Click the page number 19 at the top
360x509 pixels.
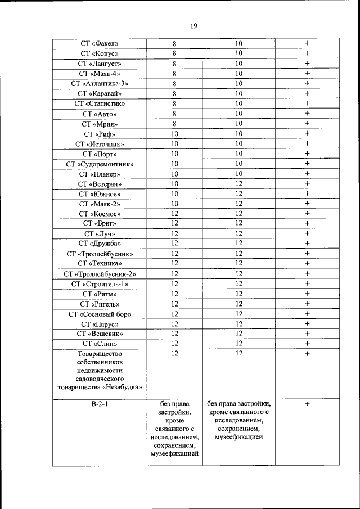[x=193, y=26]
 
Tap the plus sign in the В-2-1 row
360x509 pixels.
[x=308, y=404]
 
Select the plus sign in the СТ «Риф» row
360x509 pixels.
[x=308, y=133]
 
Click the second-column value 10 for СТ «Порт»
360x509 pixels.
[x=174, y=154]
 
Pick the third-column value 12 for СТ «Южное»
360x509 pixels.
[x=238, y=194]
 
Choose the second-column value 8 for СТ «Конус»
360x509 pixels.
[x=174, y=53]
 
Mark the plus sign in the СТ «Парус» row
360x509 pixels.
[x=308, y=324]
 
